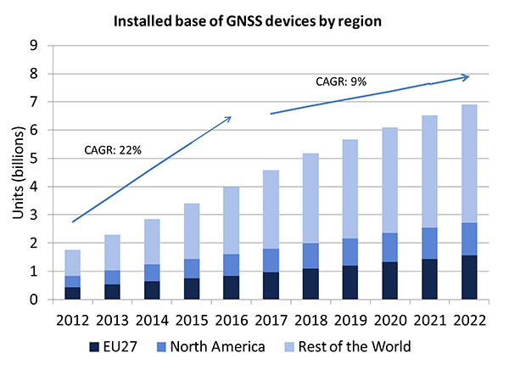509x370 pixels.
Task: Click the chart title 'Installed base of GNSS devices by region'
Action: [x=254, y=15]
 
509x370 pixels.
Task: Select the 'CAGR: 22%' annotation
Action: [x=112, y=150]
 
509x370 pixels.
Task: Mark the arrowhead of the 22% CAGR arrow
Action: [x=230, y=118]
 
